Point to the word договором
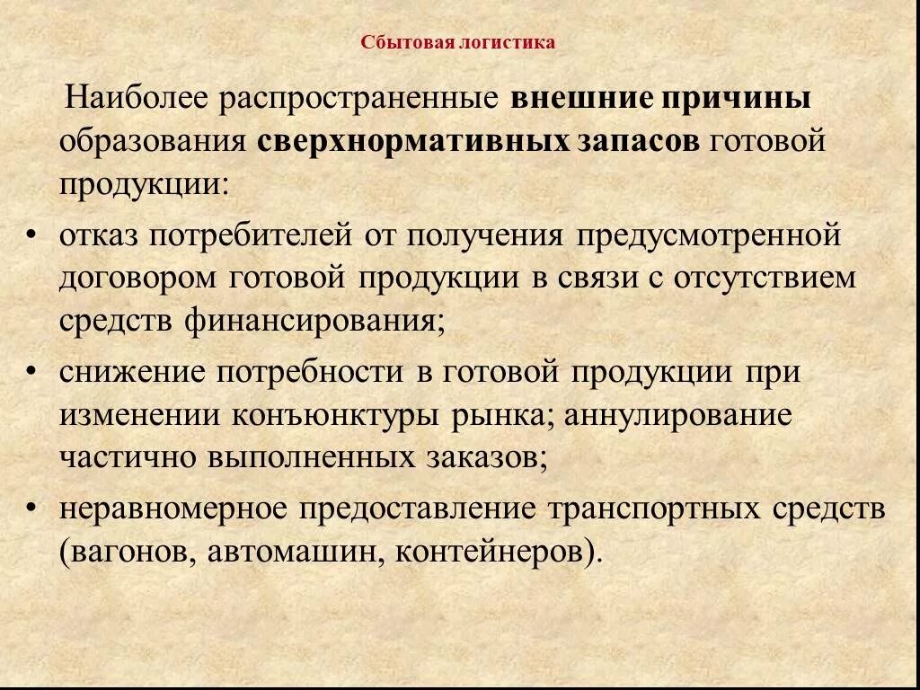coord(138,278)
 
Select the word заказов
coord(482,458)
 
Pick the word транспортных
coord(641,509)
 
